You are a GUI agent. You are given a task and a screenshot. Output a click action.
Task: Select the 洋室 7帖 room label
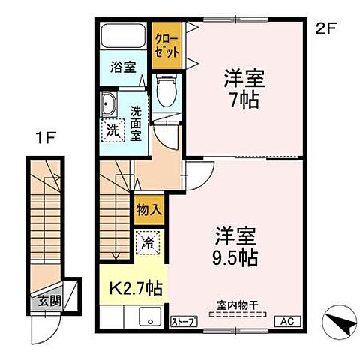[x=241, y=88]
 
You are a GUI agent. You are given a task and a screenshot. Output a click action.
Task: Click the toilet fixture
[x=166, y=92]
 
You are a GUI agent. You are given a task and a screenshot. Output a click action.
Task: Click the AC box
[x=287, y=321]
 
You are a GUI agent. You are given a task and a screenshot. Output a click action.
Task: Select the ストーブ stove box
[x=184, y=321]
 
